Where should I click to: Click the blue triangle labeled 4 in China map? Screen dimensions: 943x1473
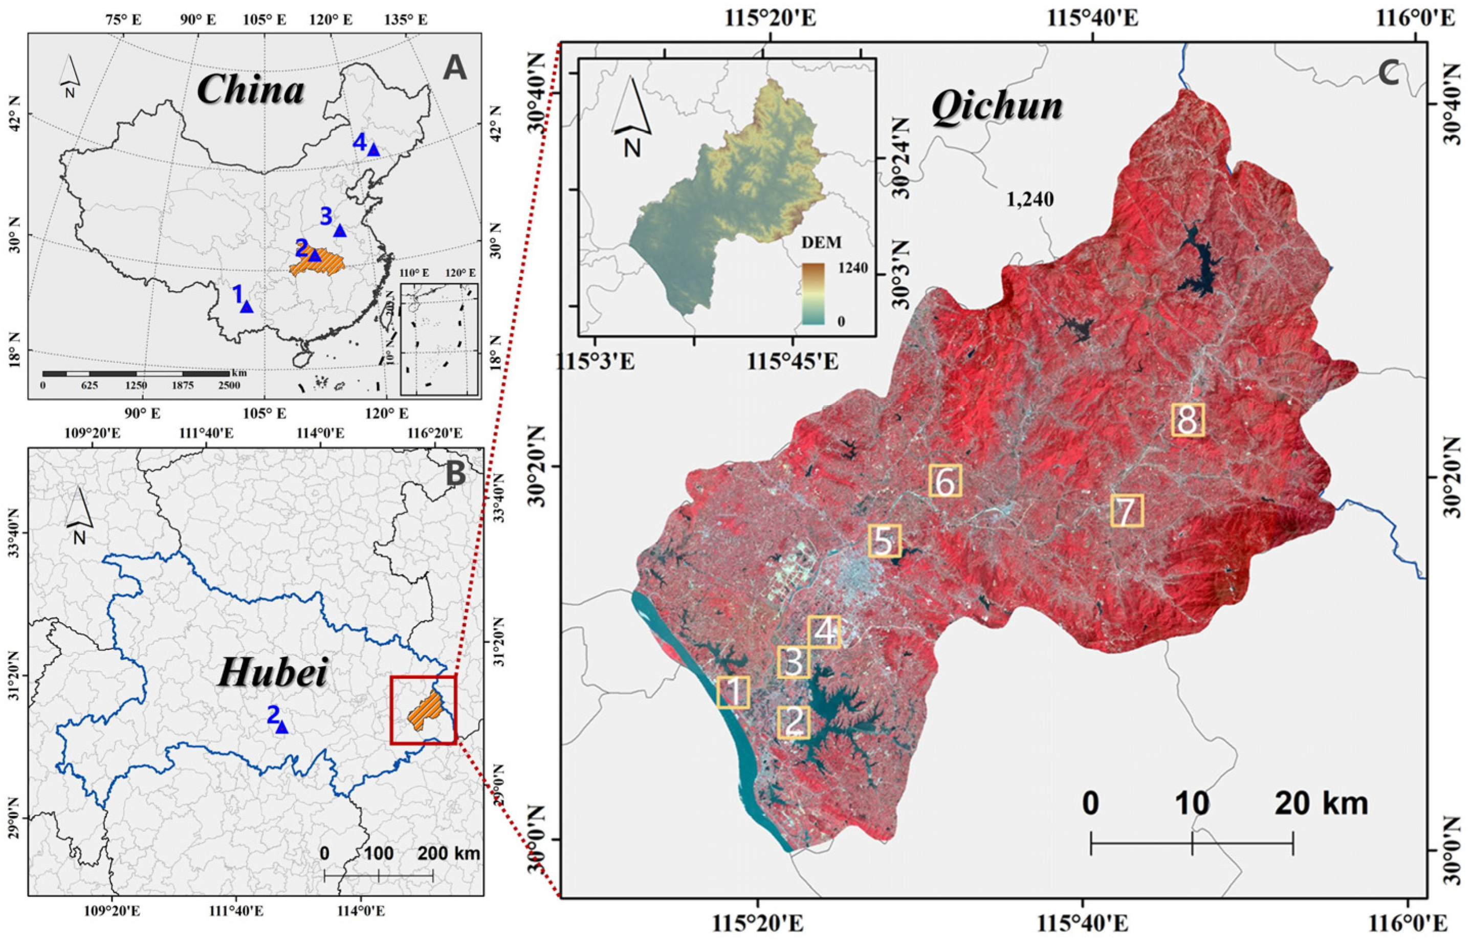tap(373, 150)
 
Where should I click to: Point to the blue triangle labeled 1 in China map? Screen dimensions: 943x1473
tap(247, 307)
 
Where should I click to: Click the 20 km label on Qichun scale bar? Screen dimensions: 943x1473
tap(1321, 803)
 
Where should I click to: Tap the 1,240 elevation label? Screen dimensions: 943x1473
tap(1030, 200)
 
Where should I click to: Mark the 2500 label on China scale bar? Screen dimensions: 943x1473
tap(228, 385)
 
